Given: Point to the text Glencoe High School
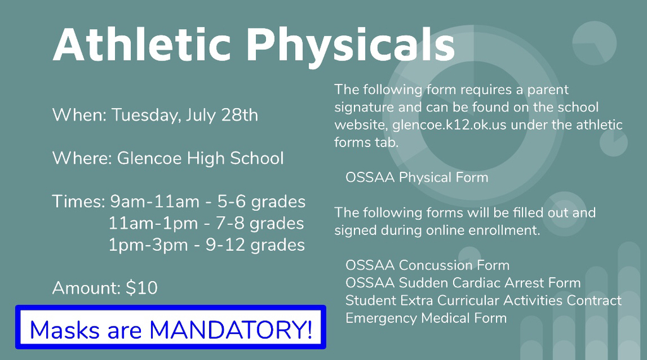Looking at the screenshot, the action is [x=200, y=158].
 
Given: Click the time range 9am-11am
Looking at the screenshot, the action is [x=155, y=201].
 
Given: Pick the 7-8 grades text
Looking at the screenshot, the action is [x=260, y=224].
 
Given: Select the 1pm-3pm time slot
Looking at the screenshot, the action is [x=148, y=245].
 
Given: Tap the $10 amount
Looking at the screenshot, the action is [x=142, y=288].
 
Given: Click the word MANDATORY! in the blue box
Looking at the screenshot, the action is [x=230, y=330].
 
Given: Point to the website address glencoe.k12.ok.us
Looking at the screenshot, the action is [x=449, y=124].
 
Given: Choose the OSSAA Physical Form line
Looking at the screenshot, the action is [x=417, y=177].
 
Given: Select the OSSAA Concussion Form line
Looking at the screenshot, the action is [x=428, y=265].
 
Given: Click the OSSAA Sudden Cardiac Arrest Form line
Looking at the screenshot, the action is [x=463, y=282].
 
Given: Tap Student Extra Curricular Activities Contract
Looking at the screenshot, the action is [x=483, y=300].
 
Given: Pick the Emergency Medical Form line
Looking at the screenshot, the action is [x=426, y=318].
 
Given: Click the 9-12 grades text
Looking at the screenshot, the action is [x=255, y=245].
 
